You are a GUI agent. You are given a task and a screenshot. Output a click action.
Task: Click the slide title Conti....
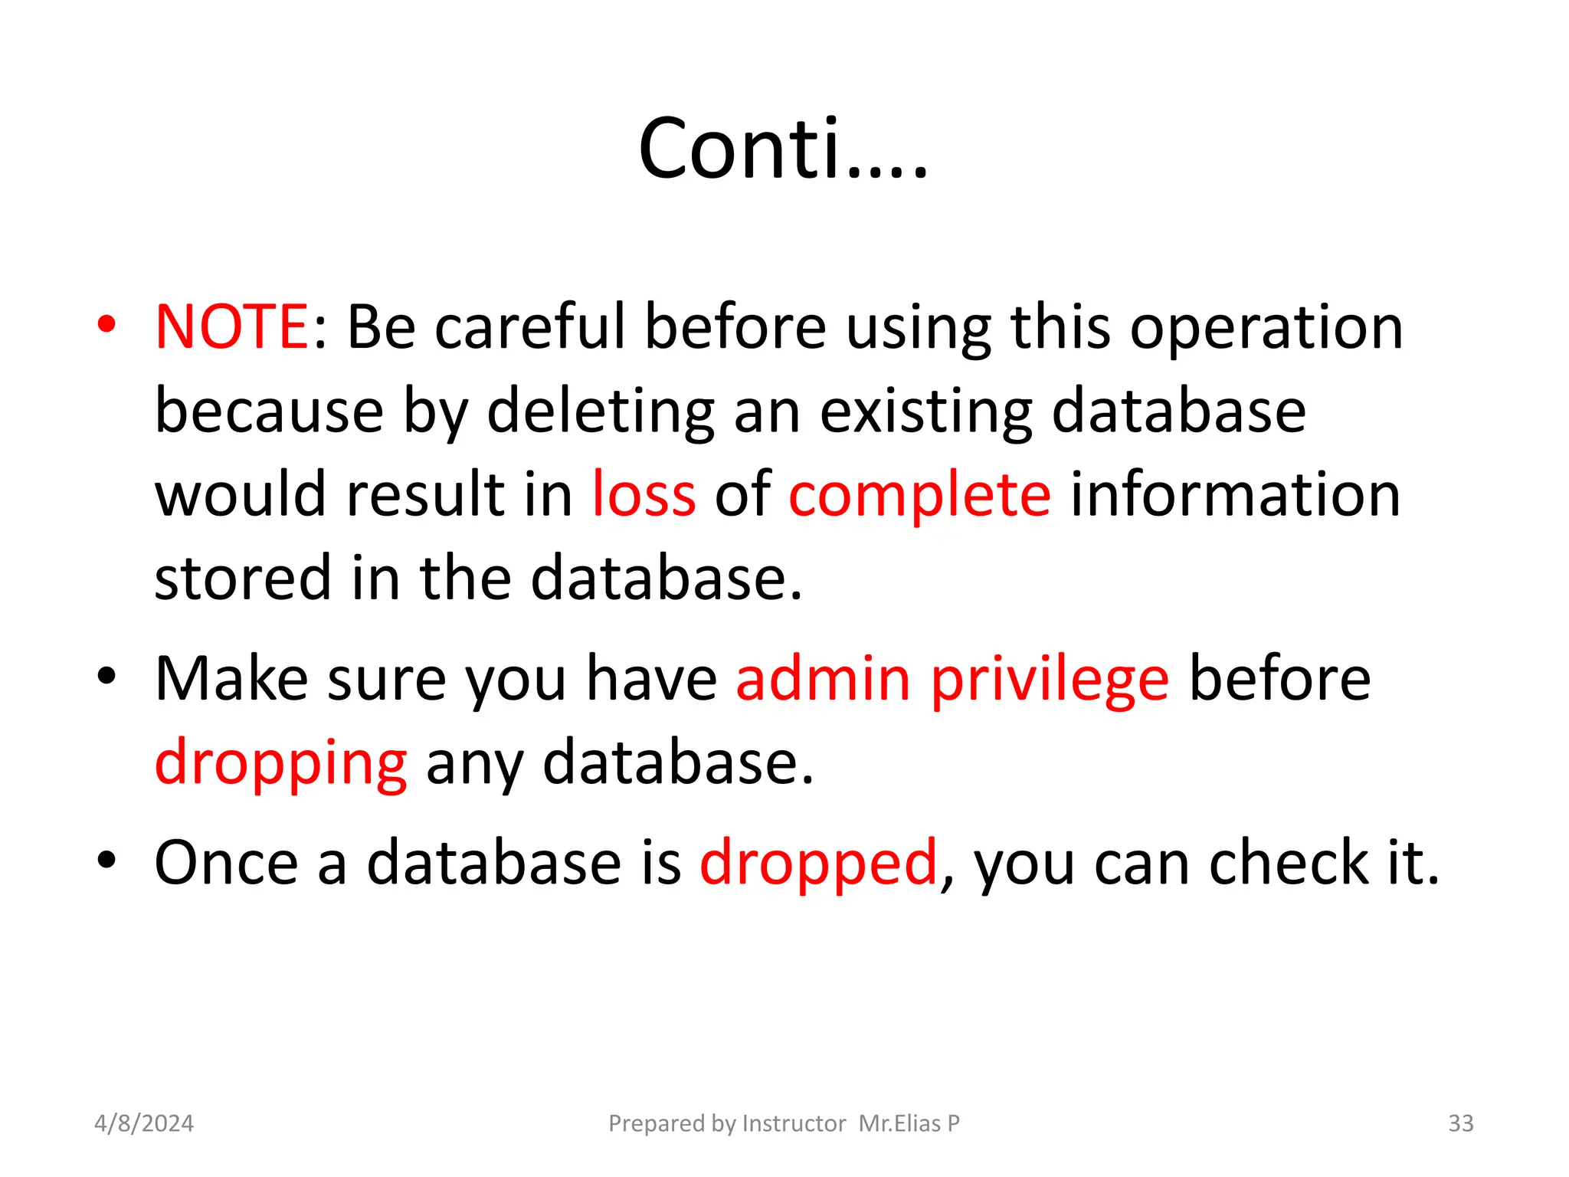click(x=783, y=149)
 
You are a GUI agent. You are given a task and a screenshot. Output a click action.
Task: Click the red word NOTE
click(x=231, y=327)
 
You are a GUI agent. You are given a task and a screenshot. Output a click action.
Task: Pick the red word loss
click(x=644, y=495)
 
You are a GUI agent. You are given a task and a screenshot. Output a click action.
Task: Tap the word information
click(x=1235, y=495)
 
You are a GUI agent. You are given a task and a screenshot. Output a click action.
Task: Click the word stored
click(x=243, y=578)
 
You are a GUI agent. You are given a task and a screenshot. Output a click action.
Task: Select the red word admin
click(x=823, y=679)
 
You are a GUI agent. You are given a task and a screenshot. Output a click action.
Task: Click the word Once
click(x=226, y=863)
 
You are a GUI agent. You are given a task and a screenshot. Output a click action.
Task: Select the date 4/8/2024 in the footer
click(x=144, y=1123)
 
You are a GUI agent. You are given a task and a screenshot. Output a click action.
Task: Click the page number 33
click(x=1460, y=1123)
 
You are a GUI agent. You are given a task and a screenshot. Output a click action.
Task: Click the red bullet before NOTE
click(x=106, y=325)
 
